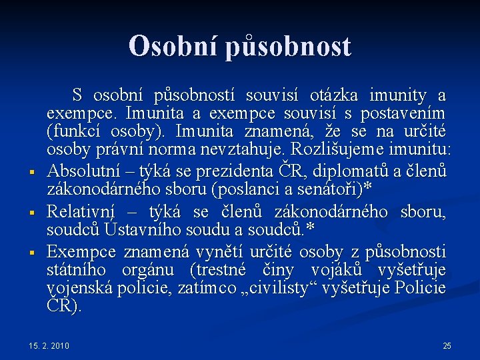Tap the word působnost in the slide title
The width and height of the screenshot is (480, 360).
[x=288, y=47]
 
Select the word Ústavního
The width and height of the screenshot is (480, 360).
[x=137, y=230]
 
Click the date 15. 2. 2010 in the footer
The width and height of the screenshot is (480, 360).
[x=49, y=345]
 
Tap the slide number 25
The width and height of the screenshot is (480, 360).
[x=447, y=345]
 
